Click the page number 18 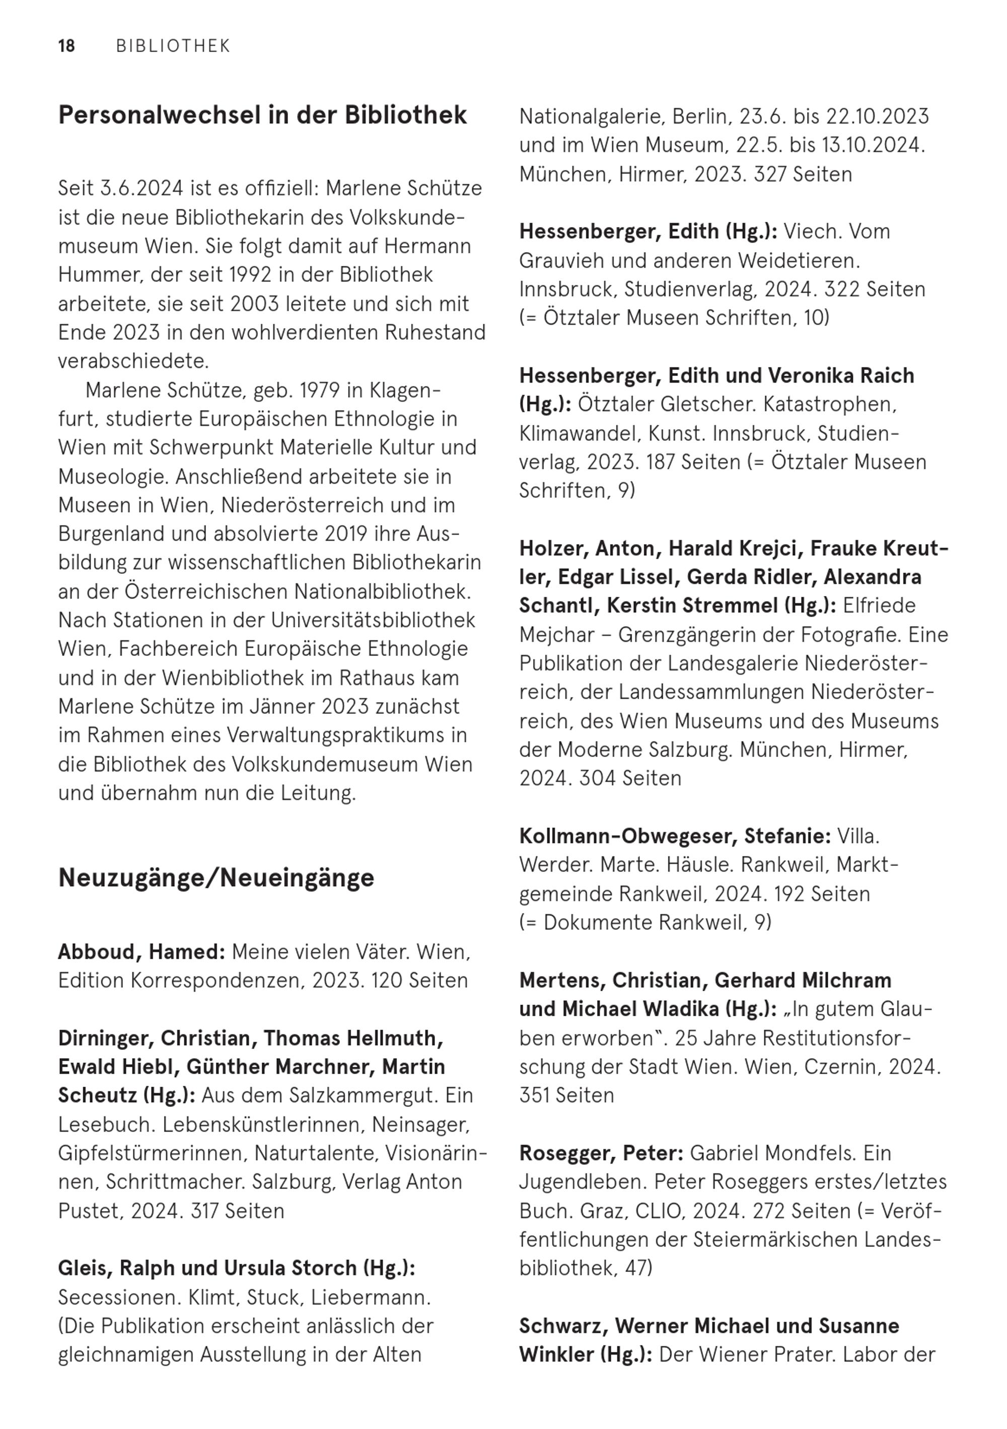tap(66, 46)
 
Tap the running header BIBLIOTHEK tap(173, 46)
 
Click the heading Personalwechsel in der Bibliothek tap(262, 116)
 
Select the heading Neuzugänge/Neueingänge tap(216, 877)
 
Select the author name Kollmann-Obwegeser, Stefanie tap(675, 836)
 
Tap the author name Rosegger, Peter tap(601, 1153)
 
